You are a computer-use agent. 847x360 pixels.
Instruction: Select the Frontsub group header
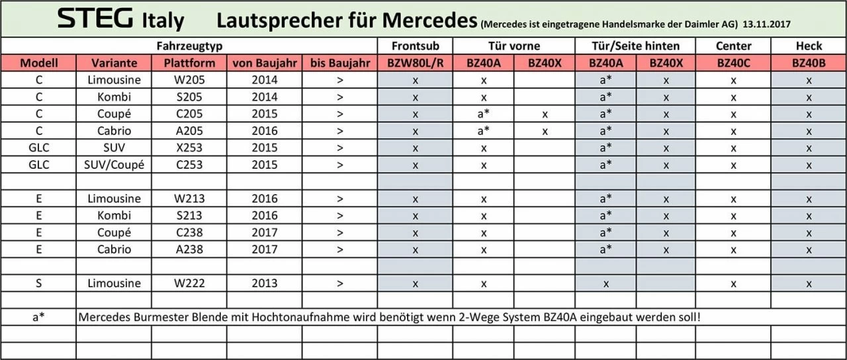(x=415, y=46)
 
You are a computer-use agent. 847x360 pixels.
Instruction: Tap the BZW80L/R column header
(x=415, y=64)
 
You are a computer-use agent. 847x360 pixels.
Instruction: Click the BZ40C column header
(x=733, y=64)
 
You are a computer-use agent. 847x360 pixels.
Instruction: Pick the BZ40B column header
(x=809, y=64)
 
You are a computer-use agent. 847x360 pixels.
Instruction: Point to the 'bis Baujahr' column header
(x=339, y=64)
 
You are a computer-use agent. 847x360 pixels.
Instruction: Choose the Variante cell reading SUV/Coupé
(x=114, y=165)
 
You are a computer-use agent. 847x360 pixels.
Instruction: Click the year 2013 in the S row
(x=264, y=283)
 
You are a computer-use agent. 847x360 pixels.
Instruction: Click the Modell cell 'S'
(x=39, y=283)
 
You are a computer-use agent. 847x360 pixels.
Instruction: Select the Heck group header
(x=809, y=46)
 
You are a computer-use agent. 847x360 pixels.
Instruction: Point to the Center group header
(x=733, y=46)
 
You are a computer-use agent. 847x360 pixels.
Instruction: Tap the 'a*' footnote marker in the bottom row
(x=39, y=317)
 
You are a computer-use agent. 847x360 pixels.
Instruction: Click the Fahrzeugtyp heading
(x=189, y=46)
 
